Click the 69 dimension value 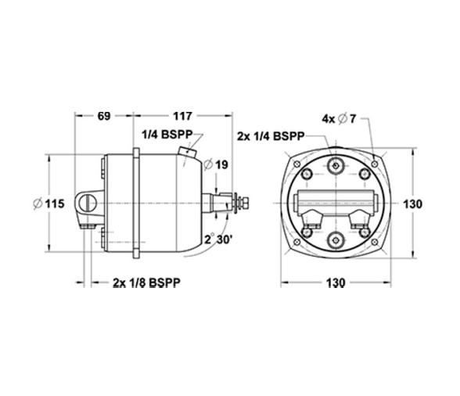point(104,117)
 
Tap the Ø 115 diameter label point(49,203)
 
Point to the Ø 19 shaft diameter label point(215,165)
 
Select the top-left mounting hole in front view point(298,161)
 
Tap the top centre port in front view point(336,166)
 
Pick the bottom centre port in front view point(336,240)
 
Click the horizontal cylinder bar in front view point(336,200)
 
